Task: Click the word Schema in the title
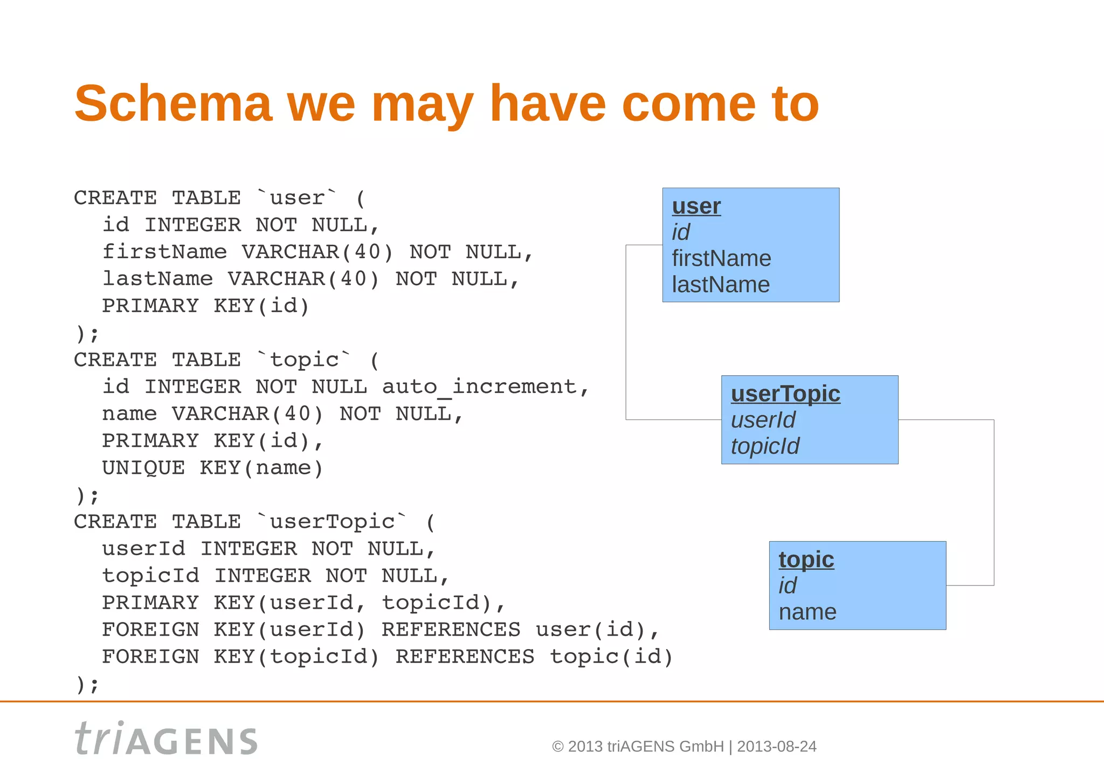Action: pyautogui.click(x=172, y=103)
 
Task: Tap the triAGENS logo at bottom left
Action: pyautogui.click(x=166, y=739)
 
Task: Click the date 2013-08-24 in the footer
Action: pyautogui.click(x=776, y=747)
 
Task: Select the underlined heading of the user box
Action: pyautogui.click(x=696, y=206)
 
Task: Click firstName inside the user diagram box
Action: pyautogui.click(x=721, y=258)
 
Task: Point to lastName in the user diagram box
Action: pyautogui.click(x=720, y=285)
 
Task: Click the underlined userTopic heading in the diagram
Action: pyautogui.click(x=785, y=394)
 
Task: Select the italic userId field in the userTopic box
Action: pyautogui.click(x=763, y=420)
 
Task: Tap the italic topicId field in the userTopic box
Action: pyautogui.click(x=765, y=446)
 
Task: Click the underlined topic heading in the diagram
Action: pyautogui.click(x=806, y=560)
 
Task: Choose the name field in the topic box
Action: pyautogui.click(x=807, y=612)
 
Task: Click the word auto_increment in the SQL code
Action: pyautogui.click(x=479, y=387)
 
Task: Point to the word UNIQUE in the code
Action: pyautogui.click(x=143, y=468)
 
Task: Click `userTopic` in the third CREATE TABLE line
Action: pyautogui.click(x=332, y=522)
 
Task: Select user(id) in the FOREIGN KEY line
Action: pyautogui.click(x=590, y=630)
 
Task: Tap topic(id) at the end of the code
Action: pyautogui.click(x=611, y=657)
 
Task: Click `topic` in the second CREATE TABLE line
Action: pyautogui.click(x=304, y=360)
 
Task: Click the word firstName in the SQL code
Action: pyautogui.click(x=164, y=252)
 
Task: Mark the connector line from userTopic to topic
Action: pyautogui.click(x=993, y=501)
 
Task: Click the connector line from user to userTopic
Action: pyautogui.click(x=626, y=332)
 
